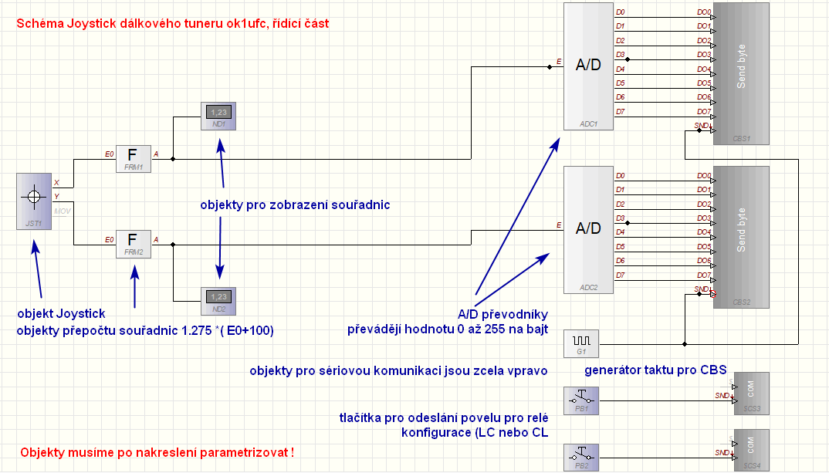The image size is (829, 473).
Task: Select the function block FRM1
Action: coord(133,158)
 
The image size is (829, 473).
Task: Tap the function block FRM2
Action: coord(133,243)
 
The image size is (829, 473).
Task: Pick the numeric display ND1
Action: coord(218,115)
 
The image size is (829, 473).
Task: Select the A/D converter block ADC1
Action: coord(587,66)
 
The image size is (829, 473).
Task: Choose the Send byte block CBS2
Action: coord(741,236)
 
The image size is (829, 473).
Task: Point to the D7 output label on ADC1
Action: coord(621,112)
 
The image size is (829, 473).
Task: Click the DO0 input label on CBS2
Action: coord(703,175)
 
